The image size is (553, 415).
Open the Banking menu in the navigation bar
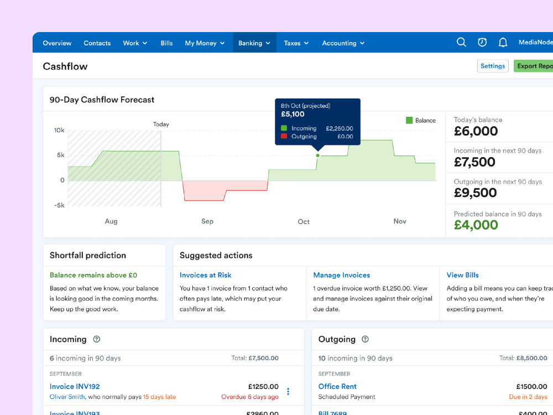(254, 43)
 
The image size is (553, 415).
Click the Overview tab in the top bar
(57, 43)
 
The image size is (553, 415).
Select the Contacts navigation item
(97, 43)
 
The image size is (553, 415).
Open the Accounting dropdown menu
(343, 43)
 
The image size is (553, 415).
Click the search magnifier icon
(461, 43)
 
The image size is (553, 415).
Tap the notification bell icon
(503, 43)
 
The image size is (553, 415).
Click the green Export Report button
(534, 66)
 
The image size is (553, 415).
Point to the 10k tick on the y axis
(59, 131)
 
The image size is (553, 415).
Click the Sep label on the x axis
(207, 221)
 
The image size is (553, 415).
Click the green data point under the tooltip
(317, 155)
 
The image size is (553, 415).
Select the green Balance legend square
(409, 120)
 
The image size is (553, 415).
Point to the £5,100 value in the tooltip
(293, 115)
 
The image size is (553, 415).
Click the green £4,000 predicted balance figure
(476, 225)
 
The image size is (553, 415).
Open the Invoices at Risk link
(206, 275)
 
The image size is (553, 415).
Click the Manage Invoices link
(341, 275)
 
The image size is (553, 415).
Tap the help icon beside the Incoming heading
(97, 339)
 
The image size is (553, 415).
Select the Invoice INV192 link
(75, 386)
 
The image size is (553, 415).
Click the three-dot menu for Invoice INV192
(288, 392)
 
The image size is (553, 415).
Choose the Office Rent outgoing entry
(337, 386)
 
